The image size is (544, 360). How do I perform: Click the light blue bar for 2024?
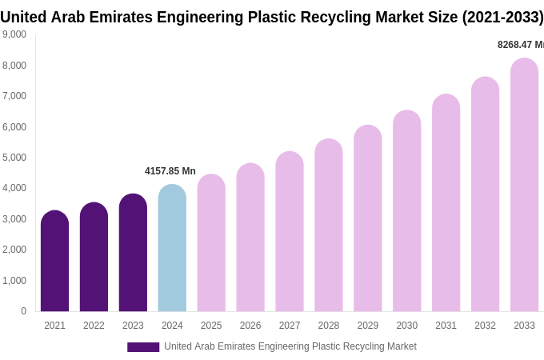172,248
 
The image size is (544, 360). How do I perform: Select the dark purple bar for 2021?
54,261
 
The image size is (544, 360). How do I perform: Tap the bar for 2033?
524,185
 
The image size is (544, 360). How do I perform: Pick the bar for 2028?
329,225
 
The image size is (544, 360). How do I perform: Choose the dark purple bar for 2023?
133,253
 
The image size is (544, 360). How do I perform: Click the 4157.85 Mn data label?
170,171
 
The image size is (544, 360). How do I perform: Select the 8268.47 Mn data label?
520,45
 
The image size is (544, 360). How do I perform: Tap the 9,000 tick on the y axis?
14,34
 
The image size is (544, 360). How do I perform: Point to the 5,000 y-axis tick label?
14,158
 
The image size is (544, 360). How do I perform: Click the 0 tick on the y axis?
23,311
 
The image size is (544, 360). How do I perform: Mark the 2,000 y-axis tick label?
14,250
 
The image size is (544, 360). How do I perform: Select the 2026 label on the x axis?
250,326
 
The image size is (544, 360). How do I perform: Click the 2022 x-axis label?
94,326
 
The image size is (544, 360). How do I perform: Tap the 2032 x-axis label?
485,326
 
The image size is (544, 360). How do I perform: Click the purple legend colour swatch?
143,347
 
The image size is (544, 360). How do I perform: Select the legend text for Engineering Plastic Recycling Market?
290,346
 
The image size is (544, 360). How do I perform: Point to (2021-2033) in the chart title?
502,17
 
